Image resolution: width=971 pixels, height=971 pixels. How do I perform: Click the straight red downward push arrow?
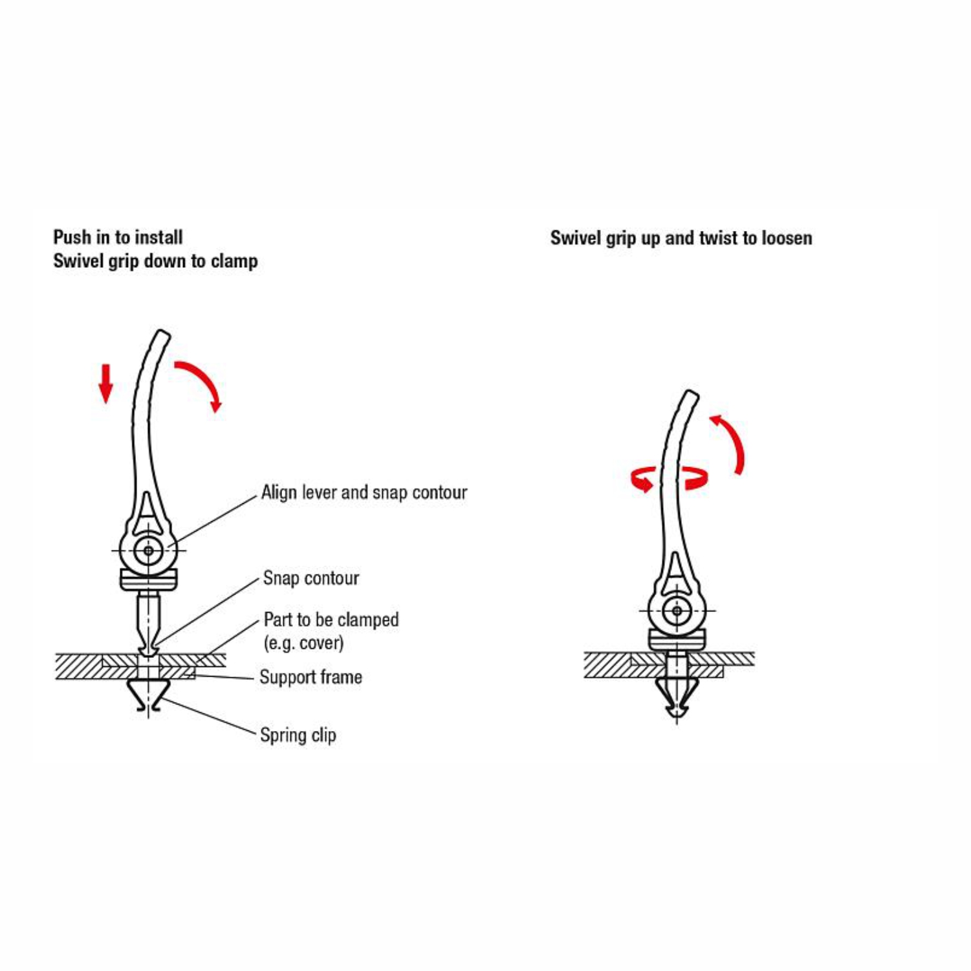[x=105, y=384]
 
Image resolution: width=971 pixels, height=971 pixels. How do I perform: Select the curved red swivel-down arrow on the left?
[x=204, y=378]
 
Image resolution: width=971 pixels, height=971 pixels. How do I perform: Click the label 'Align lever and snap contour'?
[x=364, y=492]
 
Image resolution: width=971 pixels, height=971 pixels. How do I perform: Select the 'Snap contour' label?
[x=311, y=578]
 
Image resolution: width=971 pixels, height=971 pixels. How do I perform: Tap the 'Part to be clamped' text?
[x=331, y=619]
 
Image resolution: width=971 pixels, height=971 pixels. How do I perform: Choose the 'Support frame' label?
[x=311, y=677]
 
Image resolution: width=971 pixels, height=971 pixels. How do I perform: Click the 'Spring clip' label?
[x=298, y=735]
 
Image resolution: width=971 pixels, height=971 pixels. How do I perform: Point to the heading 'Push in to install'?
[x=118, y=237]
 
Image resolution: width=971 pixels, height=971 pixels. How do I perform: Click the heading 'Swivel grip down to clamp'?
[x=155, y=261]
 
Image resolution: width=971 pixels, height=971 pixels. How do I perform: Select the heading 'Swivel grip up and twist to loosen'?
[x=681, y=238]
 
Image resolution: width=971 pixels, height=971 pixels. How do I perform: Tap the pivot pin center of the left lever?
[x=149, y=551]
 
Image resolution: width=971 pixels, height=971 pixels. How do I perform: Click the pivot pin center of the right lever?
[x=677, y=610]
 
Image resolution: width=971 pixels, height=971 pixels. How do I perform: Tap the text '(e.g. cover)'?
[x=303, y=643]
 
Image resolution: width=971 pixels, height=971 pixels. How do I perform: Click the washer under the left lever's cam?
[x=149, y=579]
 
